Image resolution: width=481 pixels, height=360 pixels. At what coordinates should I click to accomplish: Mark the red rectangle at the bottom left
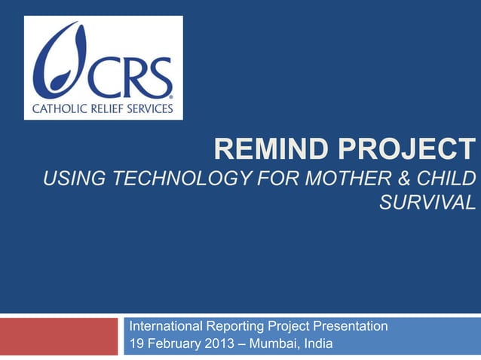[59, 336]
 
